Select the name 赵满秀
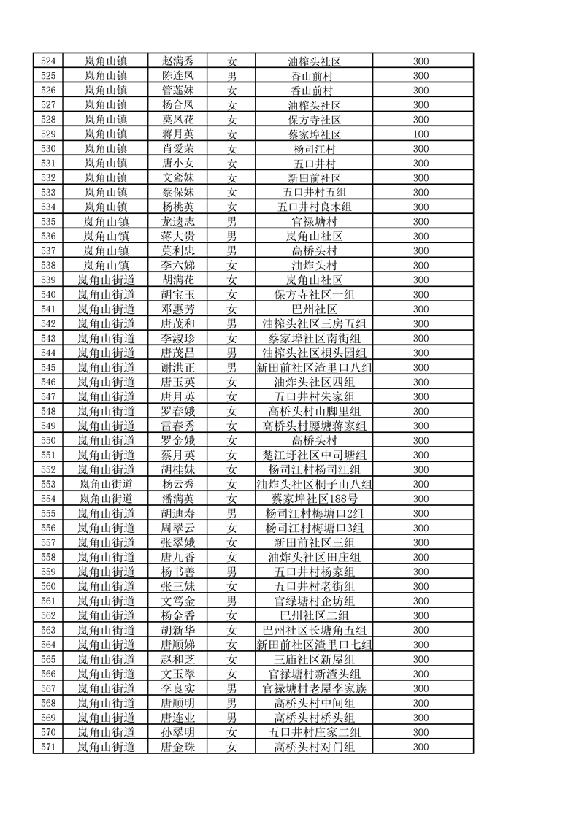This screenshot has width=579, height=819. (177, 61)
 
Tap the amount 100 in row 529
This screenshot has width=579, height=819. (421, 134)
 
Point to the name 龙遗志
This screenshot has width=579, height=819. (177, 222)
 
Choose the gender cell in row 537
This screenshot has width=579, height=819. (231, 251)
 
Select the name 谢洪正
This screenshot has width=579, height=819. (177, 367)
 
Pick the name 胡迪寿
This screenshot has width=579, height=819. (177, 513)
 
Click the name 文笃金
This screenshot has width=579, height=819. (177, 601)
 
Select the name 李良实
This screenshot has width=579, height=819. (177, 688)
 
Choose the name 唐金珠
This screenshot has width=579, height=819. (177, 747)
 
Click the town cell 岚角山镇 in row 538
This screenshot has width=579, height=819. (106, 266)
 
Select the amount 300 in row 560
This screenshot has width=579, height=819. (421, 586)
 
